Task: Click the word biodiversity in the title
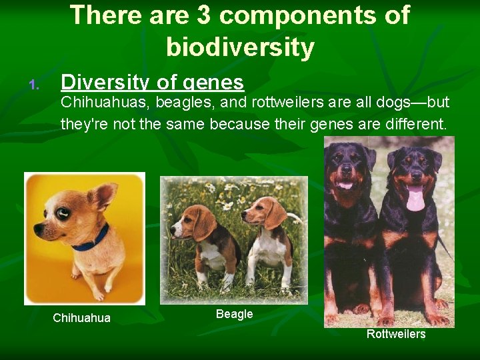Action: pyautogui.click(x=240, y=47)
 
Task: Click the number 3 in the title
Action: pyautogui.click(x=208, y=15)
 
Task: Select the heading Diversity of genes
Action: pyautogui.click(x=152, y=83)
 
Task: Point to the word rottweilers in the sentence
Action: pyautogui.click(x=283, y=103)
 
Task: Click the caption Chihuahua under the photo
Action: pyautogui.click(x=81, y=318)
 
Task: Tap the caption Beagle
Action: pyautogui.click(x=234, y=314)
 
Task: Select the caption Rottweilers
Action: pyautogui.click(x=395, y=334)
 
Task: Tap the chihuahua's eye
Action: pyautogui.click(x=64, y=213)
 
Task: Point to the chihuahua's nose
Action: pyautogui.click(x=37, y=231)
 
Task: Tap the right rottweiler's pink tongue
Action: pyautogui.click(x=415, y=199)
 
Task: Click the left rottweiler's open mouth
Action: pyautogui.click(x=345, y=185)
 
